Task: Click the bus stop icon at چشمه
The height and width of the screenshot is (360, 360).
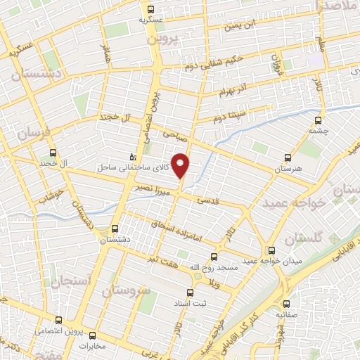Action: (313, 119)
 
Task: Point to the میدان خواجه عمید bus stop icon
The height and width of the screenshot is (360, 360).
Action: (271, 250)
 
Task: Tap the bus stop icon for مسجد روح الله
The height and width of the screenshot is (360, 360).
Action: (214, 256)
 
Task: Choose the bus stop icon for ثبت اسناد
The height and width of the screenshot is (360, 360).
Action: (188, 292)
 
